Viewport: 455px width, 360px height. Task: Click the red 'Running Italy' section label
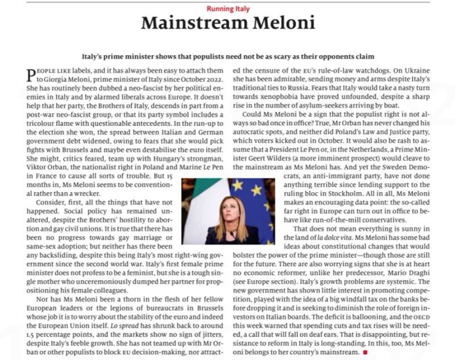pos(227,9)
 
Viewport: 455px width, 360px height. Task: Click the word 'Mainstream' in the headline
pos(189,24)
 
